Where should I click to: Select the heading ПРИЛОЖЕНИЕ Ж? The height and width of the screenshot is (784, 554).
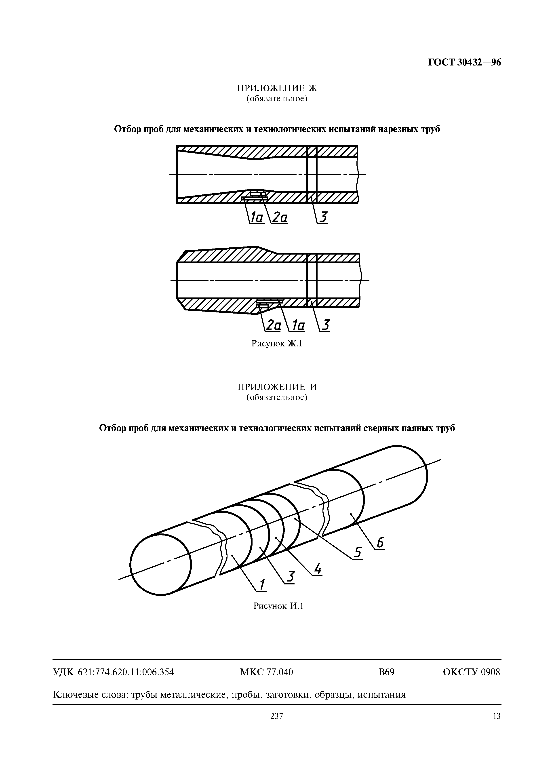pyautogui.click(x=277, y=89)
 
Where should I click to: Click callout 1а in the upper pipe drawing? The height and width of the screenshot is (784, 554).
pyautogui.click(x=257, y=217)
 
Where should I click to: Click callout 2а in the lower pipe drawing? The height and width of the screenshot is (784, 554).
pyautogui.click(x=273, y=325)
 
